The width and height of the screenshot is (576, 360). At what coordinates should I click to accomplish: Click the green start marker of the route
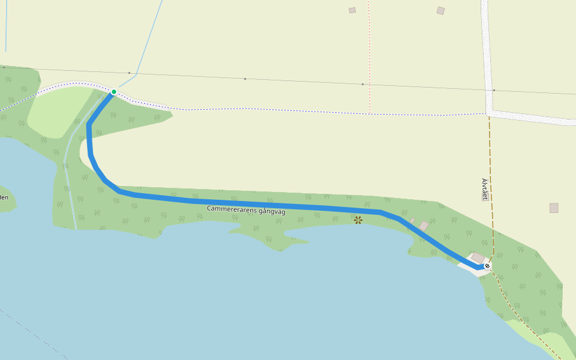[113, 92]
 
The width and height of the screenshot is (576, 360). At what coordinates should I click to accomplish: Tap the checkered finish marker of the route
[487, 266]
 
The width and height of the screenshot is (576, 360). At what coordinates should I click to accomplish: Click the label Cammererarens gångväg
[246, 209]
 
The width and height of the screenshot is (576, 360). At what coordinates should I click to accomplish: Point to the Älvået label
[485, 189]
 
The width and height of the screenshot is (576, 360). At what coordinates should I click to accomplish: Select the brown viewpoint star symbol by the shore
[358, 220]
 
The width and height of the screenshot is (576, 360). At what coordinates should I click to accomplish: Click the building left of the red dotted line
[352, 10]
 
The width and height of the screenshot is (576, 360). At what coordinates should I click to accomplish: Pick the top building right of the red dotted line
[441, 11]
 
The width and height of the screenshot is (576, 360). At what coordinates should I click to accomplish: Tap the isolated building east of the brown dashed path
[554, 208]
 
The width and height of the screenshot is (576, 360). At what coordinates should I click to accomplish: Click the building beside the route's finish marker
[478, 258]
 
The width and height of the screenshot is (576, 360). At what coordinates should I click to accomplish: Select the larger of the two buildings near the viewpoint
[424, 226]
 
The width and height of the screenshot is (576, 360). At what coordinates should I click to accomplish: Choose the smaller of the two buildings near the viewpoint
[412, 221]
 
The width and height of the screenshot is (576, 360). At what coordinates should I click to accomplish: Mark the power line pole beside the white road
[494, 90]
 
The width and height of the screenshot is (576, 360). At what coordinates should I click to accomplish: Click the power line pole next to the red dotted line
[362, 85]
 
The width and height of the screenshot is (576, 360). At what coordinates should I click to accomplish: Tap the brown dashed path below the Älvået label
[491, 222]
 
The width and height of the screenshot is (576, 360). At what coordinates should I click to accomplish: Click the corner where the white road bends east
[490, 112]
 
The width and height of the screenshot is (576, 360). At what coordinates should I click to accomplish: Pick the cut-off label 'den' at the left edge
[4, 197]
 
